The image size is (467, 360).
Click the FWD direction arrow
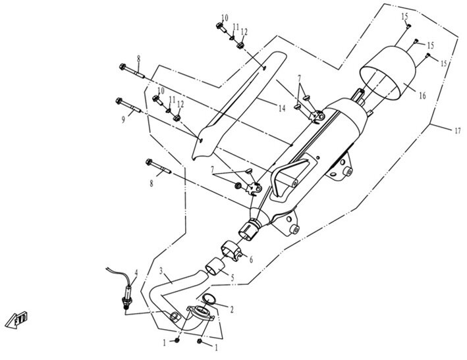coord(16,320)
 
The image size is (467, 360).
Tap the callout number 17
coord(458,130)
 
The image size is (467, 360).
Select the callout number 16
coord(422,95)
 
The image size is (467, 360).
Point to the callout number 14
coord(282,109)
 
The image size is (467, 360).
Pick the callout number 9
coord(123,120)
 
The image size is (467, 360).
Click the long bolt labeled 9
coord(128,105)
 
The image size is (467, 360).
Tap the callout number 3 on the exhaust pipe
coord(161,270)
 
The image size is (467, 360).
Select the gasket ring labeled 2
coord(209,299)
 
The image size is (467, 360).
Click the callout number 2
coord(231,309)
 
